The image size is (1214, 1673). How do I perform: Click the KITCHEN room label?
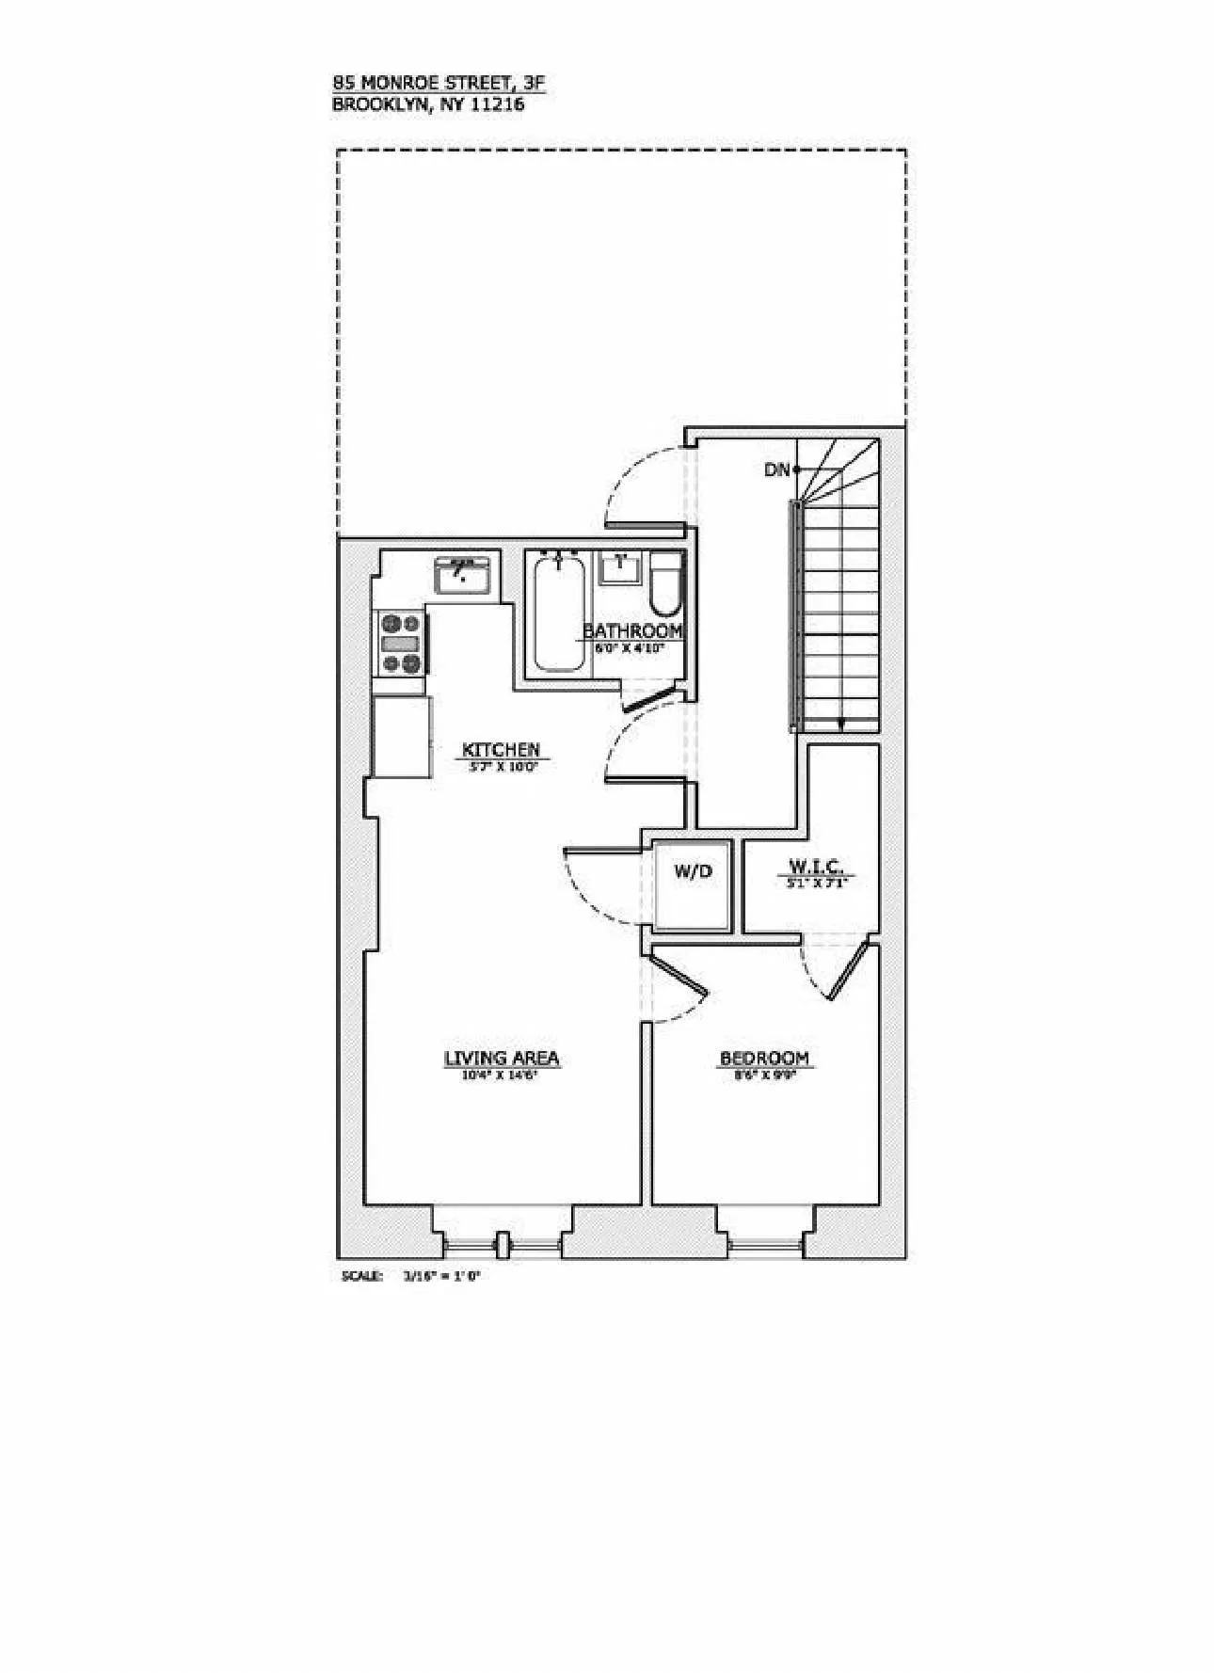pos(501,749)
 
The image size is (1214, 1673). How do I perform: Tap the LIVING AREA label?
pos(502,1058)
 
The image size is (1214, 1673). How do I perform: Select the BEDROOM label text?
pos(763,1058)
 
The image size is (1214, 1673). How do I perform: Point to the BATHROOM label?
pos(631,629)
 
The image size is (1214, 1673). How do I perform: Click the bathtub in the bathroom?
pos(558,613)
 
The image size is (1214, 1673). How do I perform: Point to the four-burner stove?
pos(400,643)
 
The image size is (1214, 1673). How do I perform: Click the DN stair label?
pos(777,469)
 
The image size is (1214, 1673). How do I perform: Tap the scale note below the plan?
pos(415,1276)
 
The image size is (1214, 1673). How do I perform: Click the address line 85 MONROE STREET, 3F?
pos(439,83)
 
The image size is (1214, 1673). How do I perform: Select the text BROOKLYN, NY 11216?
pos(428,104)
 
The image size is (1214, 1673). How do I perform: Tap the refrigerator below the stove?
pos(402,736)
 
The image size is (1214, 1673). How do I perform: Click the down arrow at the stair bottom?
pos(840,723)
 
